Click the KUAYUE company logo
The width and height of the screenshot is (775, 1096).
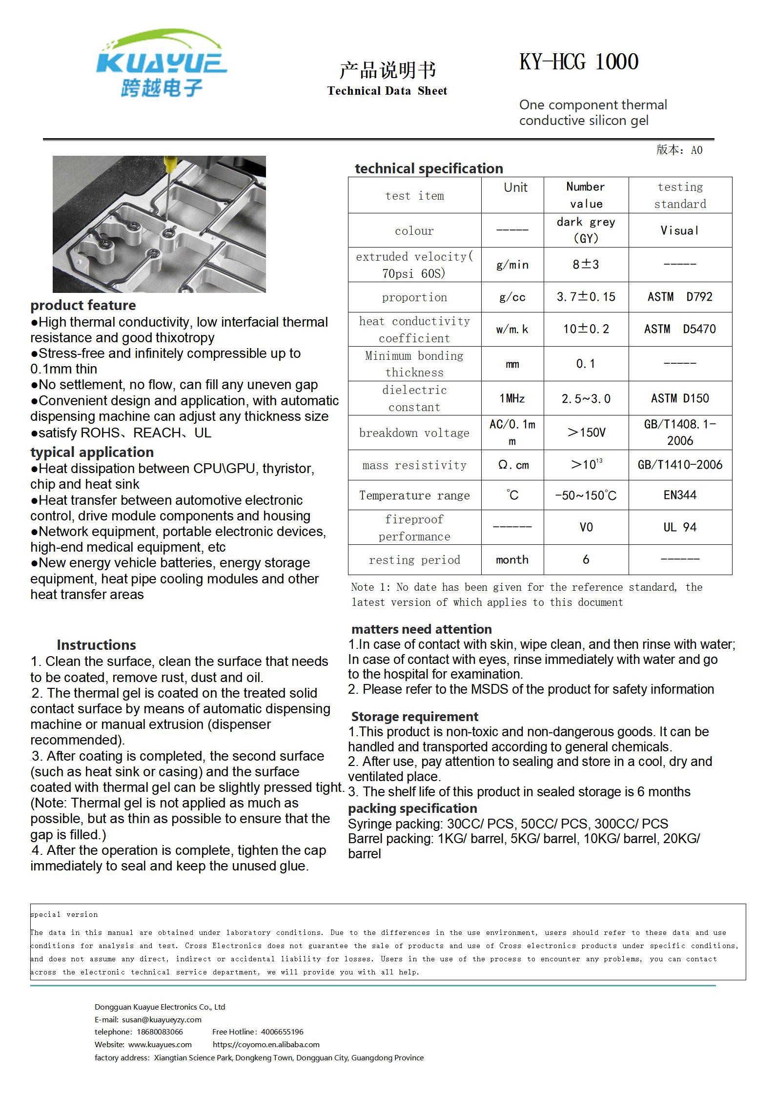click(161, 63)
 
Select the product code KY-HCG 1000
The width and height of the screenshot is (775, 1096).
click(579, 62)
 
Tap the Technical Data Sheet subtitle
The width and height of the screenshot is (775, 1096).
click(387, 91)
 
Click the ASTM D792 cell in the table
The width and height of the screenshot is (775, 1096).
click(680, 297)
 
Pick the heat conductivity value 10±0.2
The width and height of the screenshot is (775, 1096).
click(586, 329)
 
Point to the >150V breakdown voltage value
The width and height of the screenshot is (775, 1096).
click(586, 433)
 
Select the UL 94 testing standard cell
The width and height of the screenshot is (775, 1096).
click(680, 527)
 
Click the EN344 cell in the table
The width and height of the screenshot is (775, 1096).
click(680, 495)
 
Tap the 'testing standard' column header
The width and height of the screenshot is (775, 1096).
click(680, 195)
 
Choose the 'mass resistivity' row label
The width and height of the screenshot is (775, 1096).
click(414, 465)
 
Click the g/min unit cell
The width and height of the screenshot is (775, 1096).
click(512, 265)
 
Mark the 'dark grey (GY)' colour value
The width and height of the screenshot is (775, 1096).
click(586, 230)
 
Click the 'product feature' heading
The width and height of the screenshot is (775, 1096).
click(83, 306)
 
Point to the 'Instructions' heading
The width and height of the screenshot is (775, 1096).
click(96, 645)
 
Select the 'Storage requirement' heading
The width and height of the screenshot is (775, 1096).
click(414, 717)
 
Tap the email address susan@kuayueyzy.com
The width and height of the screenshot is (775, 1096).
click(162, 1019)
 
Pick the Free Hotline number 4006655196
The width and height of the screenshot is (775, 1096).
click(282, 1032)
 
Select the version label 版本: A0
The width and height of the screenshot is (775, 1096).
click(679, 150)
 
